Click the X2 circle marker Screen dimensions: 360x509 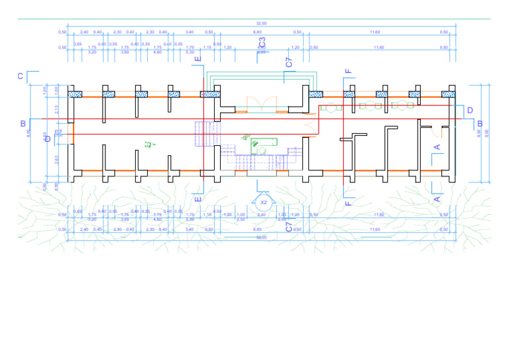coord(264,202)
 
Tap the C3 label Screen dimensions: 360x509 coord(262,43)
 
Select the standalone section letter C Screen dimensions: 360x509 coord(21,77)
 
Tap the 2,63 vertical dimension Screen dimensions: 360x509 coord(57,159)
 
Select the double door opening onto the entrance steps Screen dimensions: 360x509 coord(260,103)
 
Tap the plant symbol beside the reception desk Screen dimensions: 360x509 coord(245,137)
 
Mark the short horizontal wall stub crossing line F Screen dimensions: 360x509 coord(345,139)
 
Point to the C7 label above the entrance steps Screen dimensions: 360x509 coord(289,62)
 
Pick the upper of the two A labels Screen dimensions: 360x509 coord(437,146)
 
